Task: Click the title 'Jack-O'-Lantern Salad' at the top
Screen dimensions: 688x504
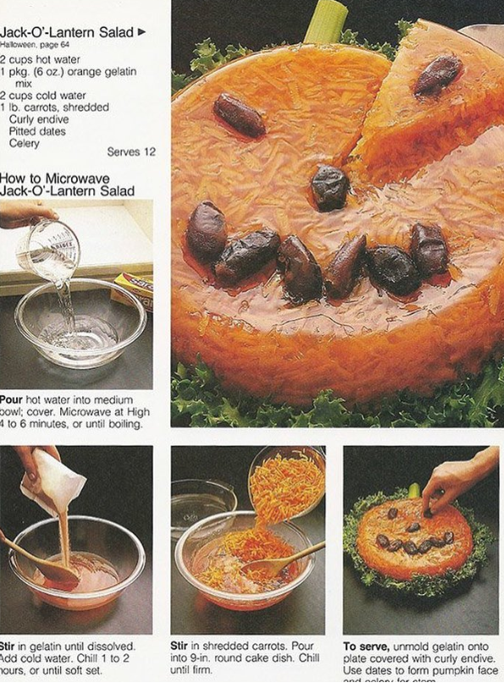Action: click(x=67, y=31)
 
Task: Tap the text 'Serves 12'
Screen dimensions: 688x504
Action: click(x=131, y=151)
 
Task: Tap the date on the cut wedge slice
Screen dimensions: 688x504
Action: click(x=438, y=75)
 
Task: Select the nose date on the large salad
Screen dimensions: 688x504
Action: click(x=329, y=188)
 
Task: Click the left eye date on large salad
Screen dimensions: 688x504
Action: click(x=239, y=115)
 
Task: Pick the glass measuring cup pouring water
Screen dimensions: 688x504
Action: click(x=49, y=248)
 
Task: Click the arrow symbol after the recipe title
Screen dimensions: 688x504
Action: click(x=141, y=32)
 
